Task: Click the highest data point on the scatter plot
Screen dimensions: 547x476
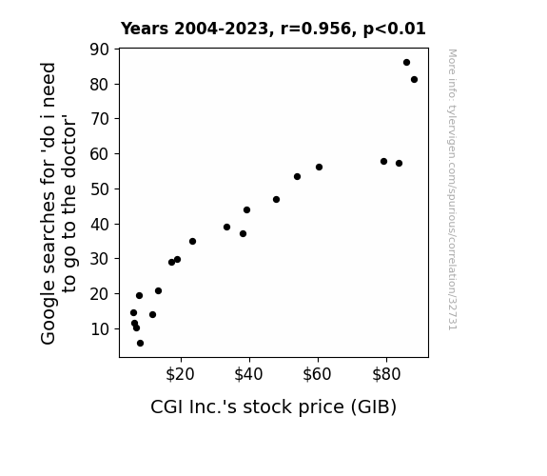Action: pyautogui.click(x=406, y=63)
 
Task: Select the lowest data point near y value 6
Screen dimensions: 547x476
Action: pyautogui.click(x=140, y=344)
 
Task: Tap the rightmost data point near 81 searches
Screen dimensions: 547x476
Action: pyautogui.click(x=414, y=80)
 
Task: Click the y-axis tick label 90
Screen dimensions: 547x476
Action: pyautogui.click(x=100, y=50)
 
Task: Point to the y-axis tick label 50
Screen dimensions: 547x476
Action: pyautogui.click(x=100, y=188)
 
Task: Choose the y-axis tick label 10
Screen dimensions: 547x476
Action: pyautogui.click(x=100, y=329)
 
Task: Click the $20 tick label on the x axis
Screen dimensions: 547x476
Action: pyautogui.click(x=180, y=375)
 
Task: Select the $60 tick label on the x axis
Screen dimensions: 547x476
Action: pyautogui.click(x=317, y=375)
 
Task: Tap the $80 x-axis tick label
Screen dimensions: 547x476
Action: pyautogui.click(x=386, y=375)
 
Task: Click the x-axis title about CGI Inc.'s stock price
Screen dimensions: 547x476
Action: pyautogui.click(x=274, y=407)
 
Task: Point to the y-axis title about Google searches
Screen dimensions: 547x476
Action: pyautogui.click(x=58, y=203)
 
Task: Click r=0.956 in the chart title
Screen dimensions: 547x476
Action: pyautogui.click(x=316, y=29)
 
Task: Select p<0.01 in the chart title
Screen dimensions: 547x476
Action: pyautogui.click(x=394, y=29)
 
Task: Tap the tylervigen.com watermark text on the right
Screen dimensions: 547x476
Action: pyautogui.click(x=452, y=189)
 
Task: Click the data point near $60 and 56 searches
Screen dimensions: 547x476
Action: pyautogui.click(x=319, y=168)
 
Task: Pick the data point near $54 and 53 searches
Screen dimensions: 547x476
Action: pyautogui.click(x=297, y=177)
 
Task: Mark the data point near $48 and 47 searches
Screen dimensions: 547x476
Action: pyautogui.click(x=276, y=199)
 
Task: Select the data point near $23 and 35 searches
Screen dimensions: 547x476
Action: pyautogui.click(x=192, y=241)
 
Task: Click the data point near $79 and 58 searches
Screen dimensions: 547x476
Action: pyautogui.click(x=383, y=161)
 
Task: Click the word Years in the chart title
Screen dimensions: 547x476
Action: pyautogui.click(x=145, y=29)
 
